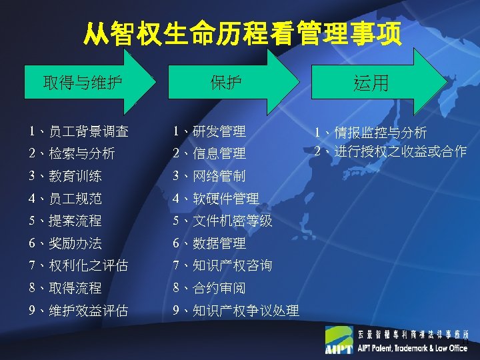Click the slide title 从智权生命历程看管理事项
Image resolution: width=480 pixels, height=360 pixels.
[x=243, y=34]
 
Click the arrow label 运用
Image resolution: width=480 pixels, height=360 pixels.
[x=371, y=83]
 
